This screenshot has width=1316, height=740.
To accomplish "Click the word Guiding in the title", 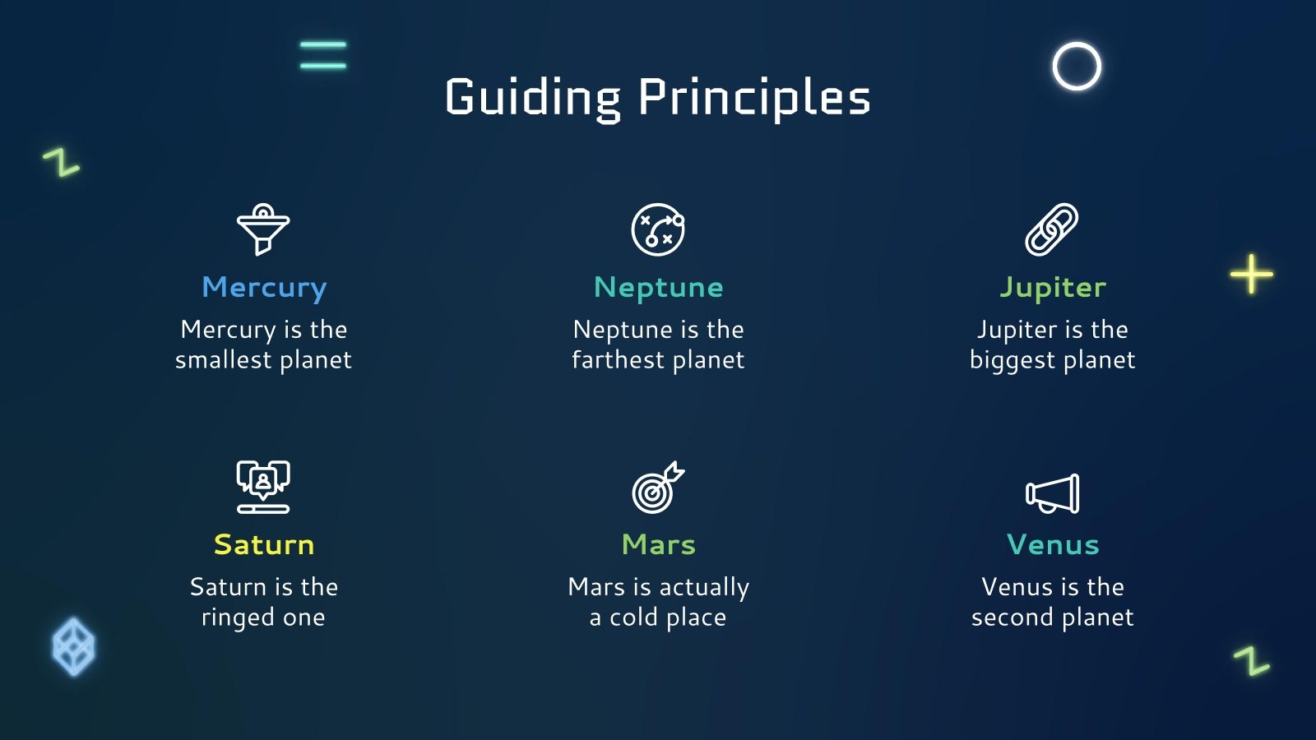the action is (x=532, y=99).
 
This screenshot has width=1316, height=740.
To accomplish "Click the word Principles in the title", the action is (x=754, y=99).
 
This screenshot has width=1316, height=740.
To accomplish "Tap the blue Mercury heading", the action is (x=264, y=289).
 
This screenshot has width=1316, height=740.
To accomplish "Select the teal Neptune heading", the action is (x=658, y=288).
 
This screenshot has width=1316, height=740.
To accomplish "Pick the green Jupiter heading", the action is (x=1052, y=289).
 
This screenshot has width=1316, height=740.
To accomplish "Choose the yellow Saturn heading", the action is (x=264, y=544).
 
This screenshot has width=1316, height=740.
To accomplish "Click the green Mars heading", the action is (x=658, y=544).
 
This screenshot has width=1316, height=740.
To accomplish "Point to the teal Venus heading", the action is (x=1052, y=544).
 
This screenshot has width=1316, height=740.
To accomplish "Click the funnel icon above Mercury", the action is (x=263, y=229).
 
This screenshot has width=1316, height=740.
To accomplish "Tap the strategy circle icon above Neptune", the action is (x=658, y=229).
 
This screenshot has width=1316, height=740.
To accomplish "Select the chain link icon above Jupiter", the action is (x=1052, y=229).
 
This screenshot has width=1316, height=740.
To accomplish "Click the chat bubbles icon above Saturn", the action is (x=263, y=487).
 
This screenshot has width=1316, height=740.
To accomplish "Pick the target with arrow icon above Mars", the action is (x=658, y=487).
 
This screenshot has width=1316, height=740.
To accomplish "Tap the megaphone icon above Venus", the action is (x=1052, y=493).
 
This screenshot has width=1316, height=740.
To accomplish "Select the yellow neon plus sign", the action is (x=1252, y=275).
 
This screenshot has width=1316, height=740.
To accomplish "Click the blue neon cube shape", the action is (x=73, y=646).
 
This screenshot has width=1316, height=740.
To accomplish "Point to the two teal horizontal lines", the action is (x=323, y=54).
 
